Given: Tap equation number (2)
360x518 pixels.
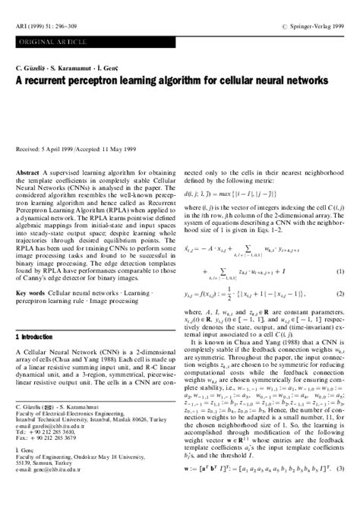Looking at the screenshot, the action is click(x=340, y=293).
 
